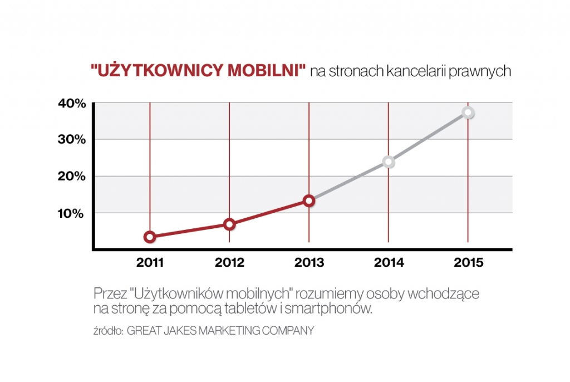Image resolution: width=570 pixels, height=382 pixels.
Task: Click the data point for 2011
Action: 150,237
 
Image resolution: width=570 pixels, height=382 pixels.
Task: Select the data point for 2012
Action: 229,224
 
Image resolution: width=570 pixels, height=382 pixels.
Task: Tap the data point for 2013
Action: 309,201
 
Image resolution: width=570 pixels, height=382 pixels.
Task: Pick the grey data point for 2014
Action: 389,162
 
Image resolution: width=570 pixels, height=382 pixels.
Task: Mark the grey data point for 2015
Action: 468,113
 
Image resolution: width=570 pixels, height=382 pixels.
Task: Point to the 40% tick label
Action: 72,103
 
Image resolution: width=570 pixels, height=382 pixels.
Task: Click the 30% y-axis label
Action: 72,139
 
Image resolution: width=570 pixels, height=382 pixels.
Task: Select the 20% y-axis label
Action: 72,176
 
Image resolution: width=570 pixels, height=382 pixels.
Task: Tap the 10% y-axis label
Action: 72,213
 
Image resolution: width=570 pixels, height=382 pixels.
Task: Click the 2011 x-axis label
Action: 150,263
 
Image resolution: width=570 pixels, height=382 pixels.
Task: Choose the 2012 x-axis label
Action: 229,263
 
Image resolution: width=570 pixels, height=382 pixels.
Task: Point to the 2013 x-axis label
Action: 309,263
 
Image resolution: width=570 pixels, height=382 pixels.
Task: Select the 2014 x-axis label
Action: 389,263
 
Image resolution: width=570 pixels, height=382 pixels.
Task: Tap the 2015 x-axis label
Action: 468,263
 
